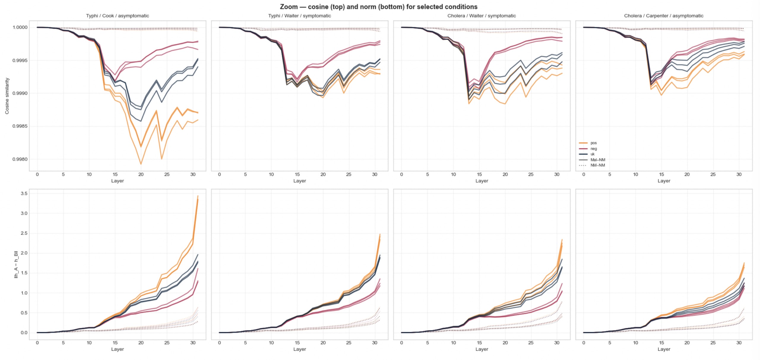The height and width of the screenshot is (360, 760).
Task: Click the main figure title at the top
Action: pyautogui.click(x=379, y=7)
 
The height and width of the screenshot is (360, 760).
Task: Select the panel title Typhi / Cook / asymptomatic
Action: pyautogui.click(x=118, y=16)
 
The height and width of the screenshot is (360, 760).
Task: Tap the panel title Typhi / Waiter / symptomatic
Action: pyautogui.click(x=300, y=16)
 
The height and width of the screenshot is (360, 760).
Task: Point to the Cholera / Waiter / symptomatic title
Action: pyautogui.click(x=482, y=16)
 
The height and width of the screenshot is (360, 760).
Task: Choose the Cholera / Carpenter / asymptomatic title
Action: pyautogui.click(x=664, y=16)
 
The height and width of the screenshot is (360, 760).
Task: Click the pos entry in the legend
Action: pyautogui.click(x=593, y=143)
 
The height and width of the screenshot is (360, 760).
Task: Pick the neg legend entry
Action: pyautogui.click(x=593, y=149)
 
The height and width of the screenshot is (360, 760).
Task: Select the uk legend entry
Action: pyautogui.click(x=592, y=154)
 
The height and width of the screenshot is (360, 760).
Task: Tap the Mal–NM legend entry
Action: pyautogui.click(x=597, y=160)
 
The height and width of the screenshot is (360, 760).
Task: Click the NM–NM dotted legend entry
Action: pyautogui.click(x=597, y=165)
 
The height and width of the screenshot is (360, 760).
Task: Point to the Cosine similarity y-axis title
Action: pyautogui.click(x=7, y=96)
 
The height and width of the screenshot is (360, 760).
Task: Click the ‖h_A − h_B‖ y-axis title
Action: pyautogui.click(x=16, y=264)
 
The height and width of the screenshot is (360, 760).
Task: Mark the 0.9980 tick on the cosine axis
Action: pyautogui.click(x=20, y=159)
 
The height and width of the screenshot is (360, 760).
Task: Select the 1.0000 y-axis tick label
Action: pyautogui.click(x=20, y=27)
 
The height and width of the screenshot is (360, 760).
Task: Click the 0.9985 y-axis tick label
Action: pyautogui.click(x=20, y=126)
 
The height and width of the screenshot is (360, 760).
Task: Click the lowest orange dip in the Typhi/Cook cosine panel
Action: pyautogui.click(x=141, y=164)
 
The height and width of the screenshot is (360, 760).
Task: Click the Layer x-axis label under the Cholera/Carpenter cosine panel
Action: pyautogui.click(x=664, y=181)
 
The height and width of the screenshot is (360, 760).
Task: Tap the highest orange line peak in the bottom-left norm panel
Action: pyautogui.click(x=198, y=196)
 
